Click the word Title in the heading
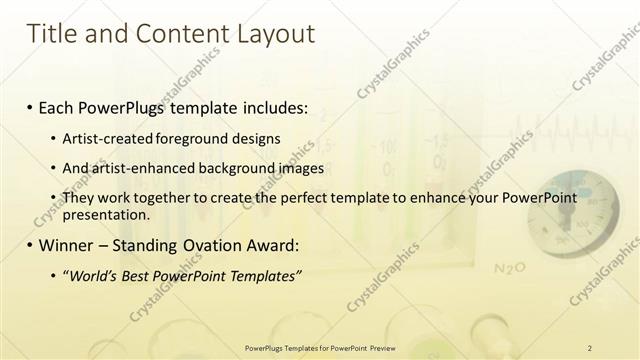(53, 34)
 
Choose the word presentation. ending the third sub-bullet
(106, 214)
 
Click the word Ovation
(213, 245)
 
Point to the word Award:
(272, 245)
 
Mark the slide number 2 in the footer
(590, 348)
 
